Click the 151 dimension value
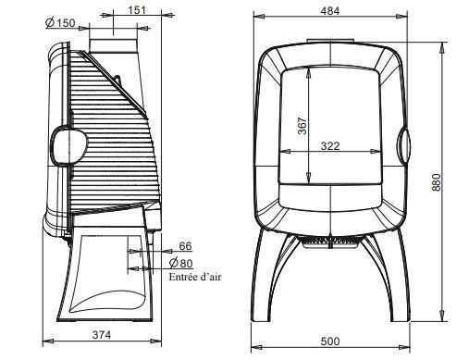[x=137, y=10]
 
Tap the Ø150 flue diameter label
[x=60, y=23]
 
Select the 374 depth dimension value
[x=102, y=335]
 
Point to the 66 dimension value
[x=185, y=246]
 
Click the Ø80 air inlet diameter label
[x=181, y=263]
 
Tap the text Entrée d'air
[x=195, y=277]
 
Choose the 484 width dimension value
[x=330, y=11]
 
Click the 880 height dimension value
[x=437, y=182]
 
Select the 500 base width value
[x=330, y=341]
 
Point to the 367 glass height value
[x=302, y=126]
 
